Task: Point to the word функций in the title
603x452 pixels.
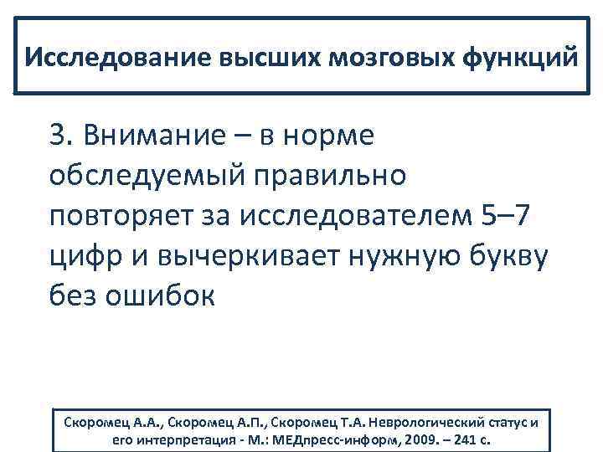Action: pyautogui.click(x=524, y=59)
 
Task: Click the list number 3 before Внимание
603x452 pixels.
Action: pyautogui.click(x=58, y=135)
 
